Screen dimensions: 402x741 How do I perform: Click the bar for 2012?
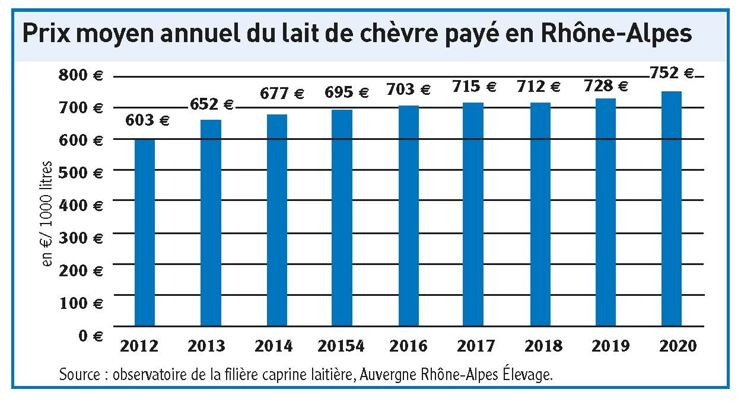[x=145, y=232]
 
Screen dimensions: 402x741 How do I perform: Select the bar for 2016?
[x=408, y=216]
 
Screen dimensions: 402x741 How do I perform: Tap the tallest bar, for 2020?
[x=672, y=208]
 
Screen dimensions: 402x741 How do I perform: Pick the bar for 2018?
[x=540, y=214]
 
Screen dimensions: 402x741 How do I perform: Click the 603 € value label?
[x=148, y=122]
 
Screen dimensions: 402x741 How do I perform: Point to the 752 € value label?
[x=672, y=74]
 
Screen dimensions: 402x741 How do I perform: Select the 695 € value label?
[x=347, y=93]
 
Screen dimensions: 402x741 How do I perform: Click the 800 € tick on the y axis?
[x=80, y=76]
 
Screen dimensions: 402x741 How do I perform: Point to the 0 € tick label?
[x=90, y=336]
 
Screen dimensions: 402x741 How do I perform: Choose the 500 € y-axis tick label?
[x=80, y=173]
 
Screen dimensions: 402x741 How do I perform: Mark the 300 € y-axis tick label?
[x=80, y=238]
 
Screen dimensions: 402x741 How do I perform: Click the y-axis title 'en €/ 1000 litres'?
[x=49, y=213]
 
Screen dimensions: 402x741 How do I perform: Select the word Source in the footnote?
[x=79, y=375]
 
